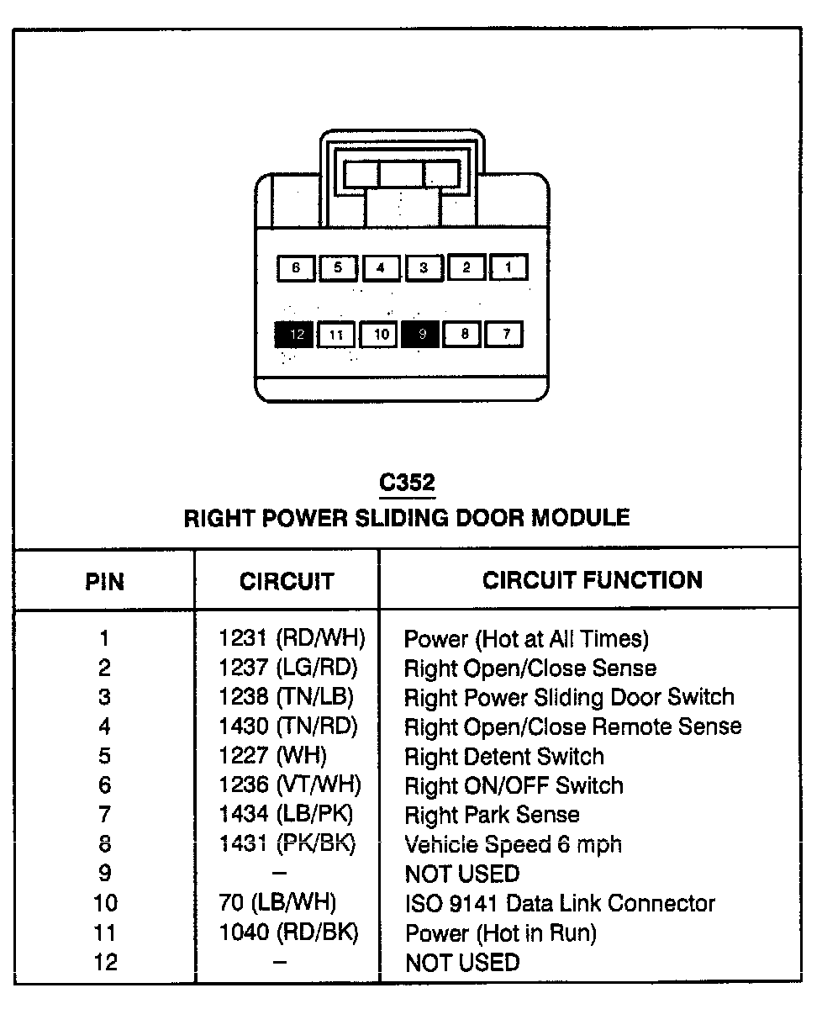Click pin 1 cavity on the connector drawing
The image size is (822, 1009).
pos(508,267)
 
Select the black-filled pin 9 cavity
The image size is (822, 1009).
pos(422,335)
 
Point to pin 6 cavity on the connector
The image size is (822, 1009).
pos(295,267)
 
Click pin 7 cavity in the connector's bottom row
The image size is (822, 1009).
pos(506,335)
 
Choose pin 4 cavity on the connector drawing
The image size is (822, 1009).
pos(381,267)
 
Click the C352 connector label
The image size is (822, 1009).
pos(407,483)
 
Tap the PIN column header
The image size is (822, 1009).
pos(104,581)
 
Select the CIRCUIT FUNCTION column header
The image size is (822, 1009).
pos(592,579)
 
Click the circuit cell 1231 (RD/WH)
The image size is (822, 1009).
pos(292,639)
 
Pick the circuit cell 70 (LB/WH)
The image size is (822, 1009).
pos(282,903)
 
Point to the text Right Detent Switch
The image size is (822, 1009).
pos(503,757)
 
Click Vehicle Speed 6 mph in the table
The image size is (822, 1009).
pos(513,844)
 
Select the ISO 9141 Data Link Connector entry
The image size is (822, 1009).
pos(559,904)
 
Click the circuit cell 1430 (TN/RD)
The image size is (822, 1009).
pos(288,726)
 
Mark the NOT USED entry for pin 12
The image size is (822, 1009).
pos(461,963)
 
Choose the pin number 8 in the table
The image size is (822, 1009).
pos(105,844)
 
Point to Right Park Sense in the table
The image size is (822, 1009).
pos(492,815)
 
